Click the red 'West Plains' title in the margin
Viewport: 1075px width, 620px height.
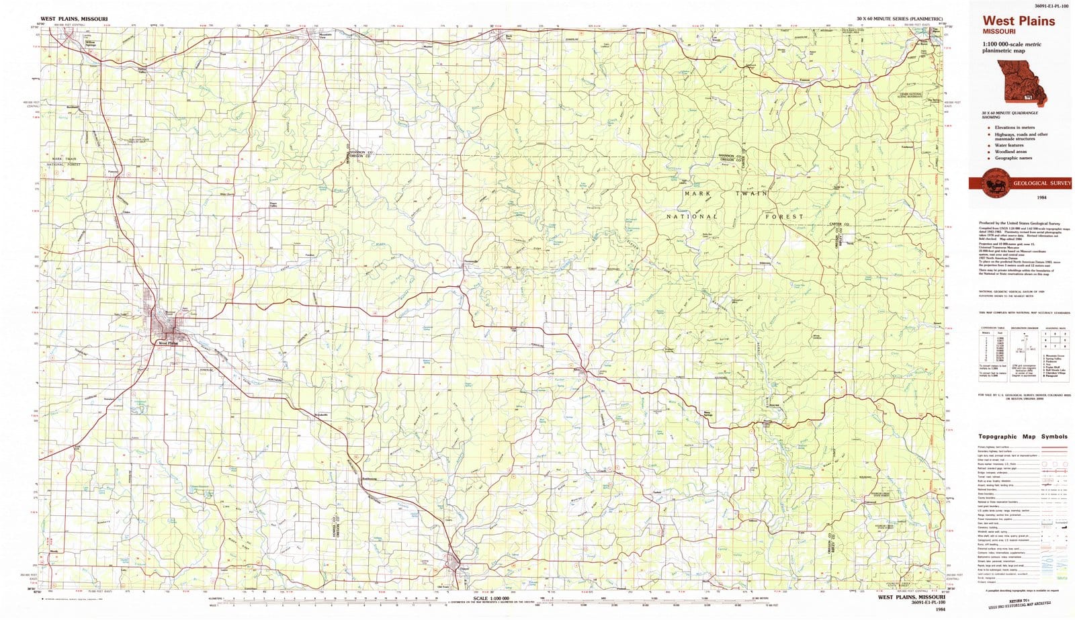1019,21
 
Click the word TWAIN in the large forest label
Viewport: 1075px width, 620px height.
751,193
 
